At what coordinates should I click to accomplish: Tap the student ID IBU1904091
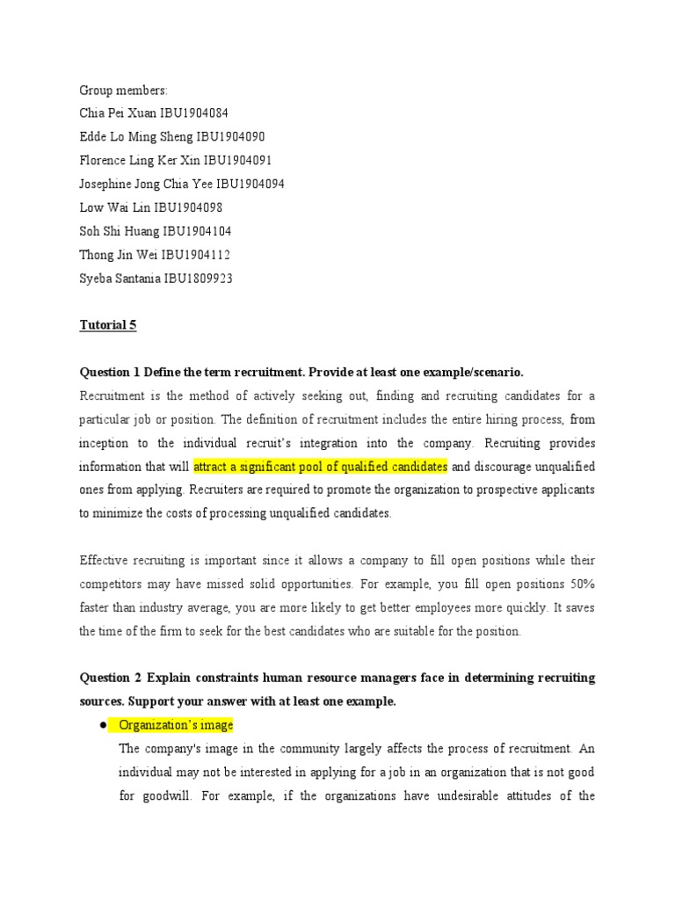(238, 161)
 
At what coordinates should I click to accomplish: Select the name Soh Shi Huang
(120, 231)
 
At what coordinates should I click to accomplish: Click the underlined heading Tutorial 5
(108, 325)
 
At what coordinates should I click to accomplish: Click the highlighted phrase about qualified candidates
(321, 466)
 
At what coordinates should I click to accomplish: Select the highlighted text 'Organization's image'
(176, 725)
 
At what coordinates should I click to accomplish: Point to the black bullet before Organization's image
(103, 725)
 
